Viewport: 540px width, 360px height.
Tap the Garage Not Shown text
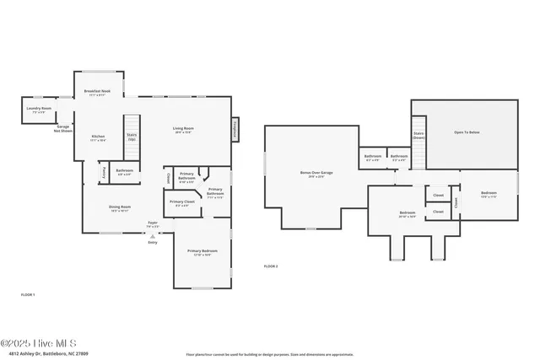(63, 129)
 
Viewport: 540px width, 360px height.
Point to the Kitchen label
(98, 137)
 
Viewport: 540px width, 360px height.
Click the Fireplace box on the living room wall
(234, 129)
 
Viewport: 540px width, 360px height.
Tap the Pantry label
(104, 171)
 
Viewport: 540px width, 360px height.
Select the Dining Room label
(120, 207)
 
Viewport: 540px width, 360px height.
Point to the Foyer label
(153, 224)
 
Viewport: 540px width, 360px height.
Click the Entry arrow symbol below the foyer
(153, 237)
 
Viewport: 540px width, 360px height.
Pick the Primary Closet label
(182, 203)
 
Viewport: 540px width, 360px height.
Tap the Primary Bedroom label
(202, 252)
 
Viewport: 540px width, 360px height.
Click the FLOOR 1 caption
(28, 294)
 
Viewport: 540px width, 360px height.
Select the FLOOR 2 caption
(271, 266)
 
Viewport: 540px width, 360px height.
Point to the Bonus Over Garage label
(316, 174)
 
